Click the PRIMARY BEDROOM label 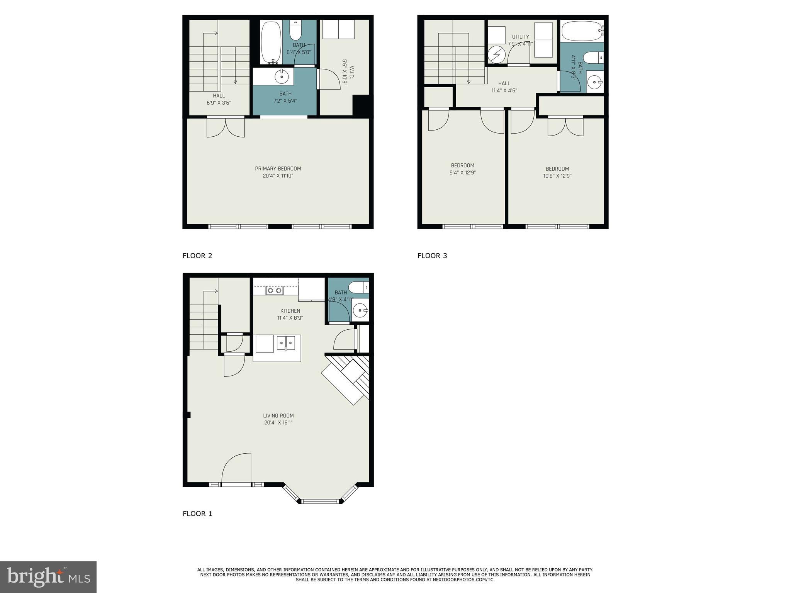(278, 169)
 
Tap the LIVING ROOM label (278, 416)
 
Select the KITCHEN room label (290, 311)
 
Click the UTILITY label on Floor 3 (520, 37)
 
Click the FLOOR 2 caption (197, 256)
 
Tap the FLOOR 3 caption (432, 256)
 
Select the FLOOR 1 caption (197, 513)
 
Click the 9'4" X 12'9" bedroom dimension (462, 173)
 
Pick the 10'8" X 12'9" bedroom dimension (557, 176)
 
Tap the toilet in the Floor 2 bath (295, 30)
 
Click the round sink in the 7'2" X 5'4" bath (282, 76)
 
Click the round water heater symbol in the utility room (496, 54)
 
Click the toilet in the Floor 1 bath (358, 287)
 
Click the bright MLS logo (48, 577)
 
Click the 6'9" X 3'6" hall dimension (219, 103)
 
